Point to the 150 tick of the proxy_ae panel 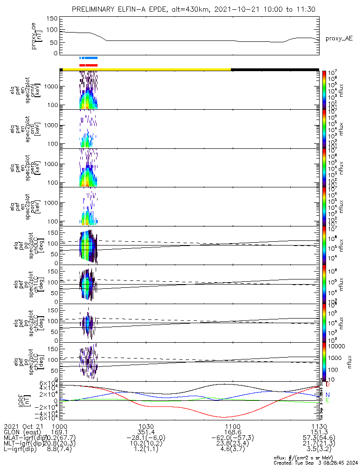(x=52, y=19)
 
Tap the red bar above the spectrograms (x=88, y=66)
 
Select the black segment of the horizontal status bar (x=274, y=69)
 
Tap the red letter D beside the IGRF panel (x=328, y=385)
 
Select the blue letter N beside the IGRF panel (x=327, y=394)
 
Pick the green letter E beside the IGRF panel (x=327, y=400)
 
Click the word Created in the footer (x=283, y=462)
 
